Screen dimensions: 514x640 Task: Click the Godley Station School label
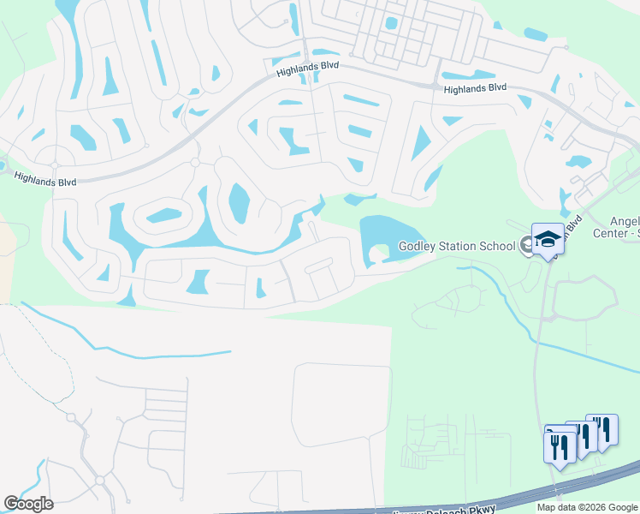point(457,247)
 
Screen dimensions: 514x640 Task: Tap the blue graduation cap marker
point(547,241)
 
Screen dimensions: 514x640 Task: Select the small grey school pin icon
point(524,246)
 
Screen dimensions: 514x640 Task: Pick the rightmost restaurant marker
point(604,431)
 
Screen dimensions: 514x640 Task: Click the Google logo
point(28,504)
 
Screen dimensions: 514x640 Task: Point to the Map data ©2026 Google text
point(587,507)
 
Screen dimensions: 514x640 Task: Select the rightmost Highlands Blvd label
point(475,88)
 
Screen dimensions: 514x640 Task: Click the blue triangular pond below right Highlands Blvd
point(422,142)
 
